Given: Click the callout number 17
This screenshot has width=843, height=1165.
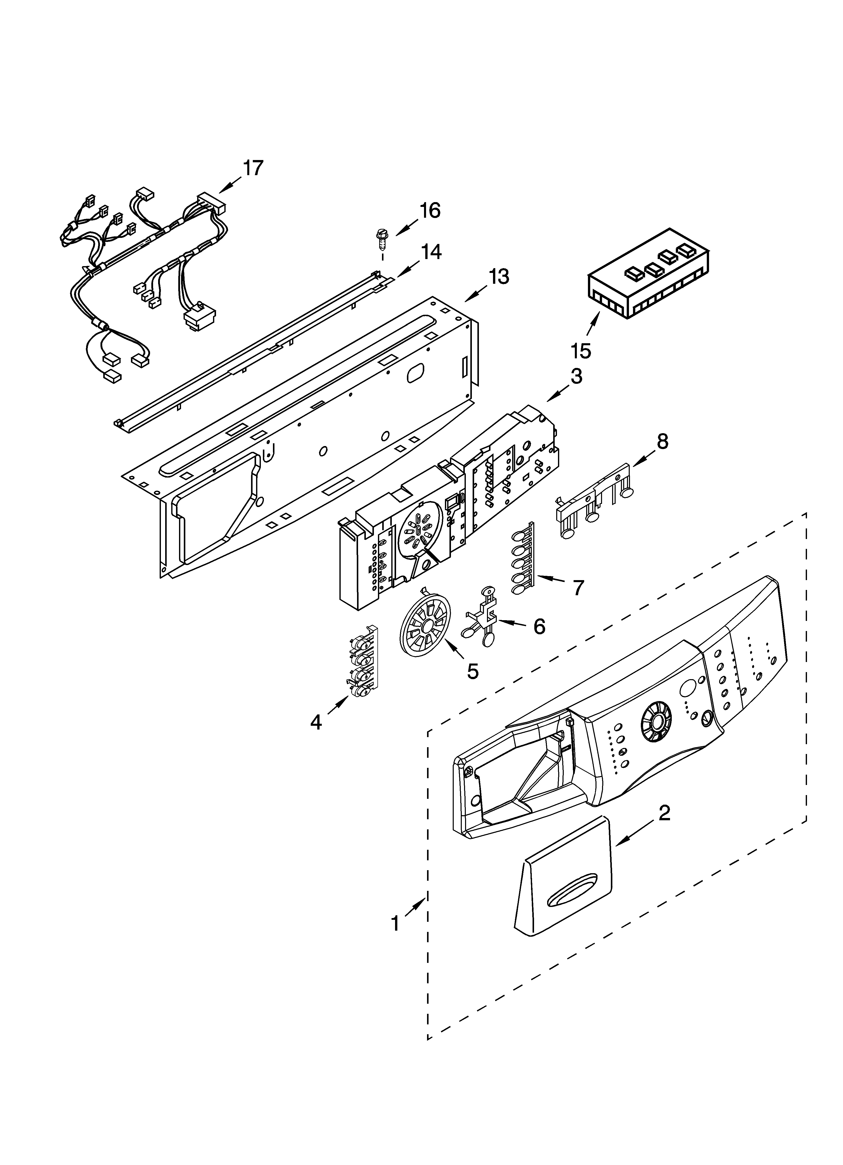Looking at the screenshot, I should [253, 168].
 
